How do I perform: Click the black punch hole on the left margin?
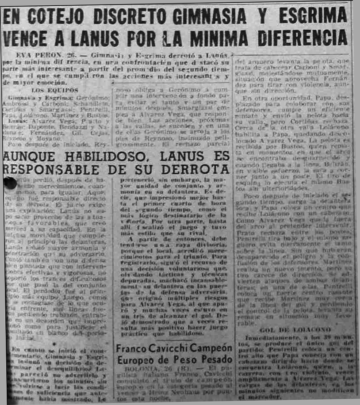10,183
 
